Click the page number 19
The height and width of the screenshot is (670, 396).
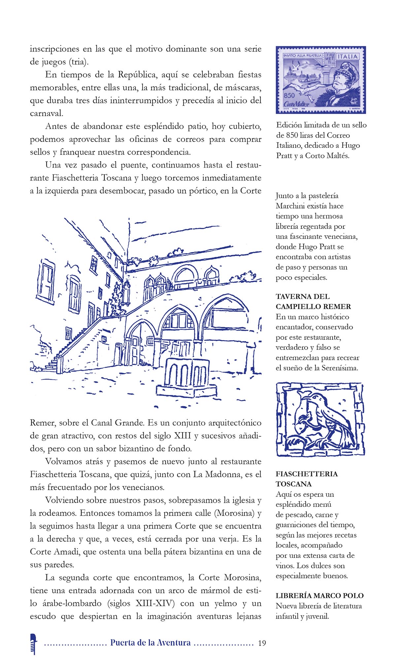click(262, 643)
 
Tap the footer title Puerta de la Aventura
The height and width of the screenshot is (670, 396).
click(150, 642)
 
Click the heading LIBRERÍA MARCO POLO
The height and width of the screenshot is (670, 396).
click(319, 595)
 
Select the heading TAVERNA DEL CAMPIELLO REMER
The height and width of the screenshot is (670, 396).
click(313, 302)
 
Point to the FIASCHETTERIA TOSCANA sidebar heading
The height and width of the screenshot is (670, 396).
click(307, 479)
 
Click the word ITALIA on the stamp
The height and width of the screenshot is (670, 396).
click(347, 56)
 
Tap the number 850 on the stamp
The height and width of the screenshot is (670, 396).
click(289, 95)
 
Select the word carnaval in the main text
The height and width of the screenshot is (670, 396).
click(46, 113)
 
